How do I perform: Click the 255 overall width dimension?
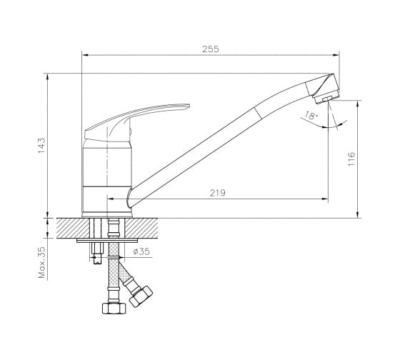pos(211,49)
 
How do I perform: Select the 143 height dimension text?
pos(41,146)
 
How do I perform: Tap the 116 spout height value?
pos(351,159)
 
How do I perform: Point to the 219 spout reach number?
pos(218,193)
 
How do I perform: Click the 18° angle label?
pos(311,116)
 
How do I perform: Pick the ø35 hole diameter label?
pos(141,251)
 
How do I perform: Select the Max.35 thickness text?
pos(41,262)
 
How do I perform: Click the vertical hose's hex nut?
pos(114,308)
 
